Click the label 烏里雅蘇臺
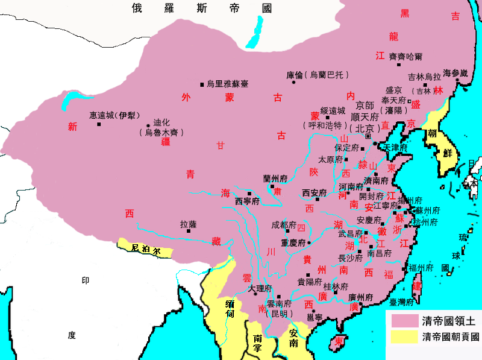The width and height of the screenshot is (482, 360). click(x=227, y=84)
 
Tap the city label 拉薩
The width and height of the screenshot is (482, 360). click(x=189, y=224)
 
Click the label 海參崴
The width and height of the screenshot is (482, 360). click(x=455, y=73)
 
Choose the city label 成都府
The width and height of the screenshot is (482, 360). click(x=284, y=225)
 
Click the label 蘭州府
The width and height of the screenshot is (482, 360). click(x=275, y=178)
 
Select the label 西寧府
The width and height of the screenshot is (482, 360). click(x=247, y=201)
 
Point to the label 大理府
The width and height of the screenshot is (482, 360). click(x=260, y=288)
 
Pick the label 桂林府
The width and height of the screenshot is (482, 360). click(x=336, y=286)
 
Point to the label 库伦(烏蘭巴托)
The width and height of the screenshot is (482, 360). click(x=316, y=75)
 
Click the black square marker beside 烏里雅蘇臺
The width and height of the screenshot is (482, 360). click(x=202, y=84)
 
